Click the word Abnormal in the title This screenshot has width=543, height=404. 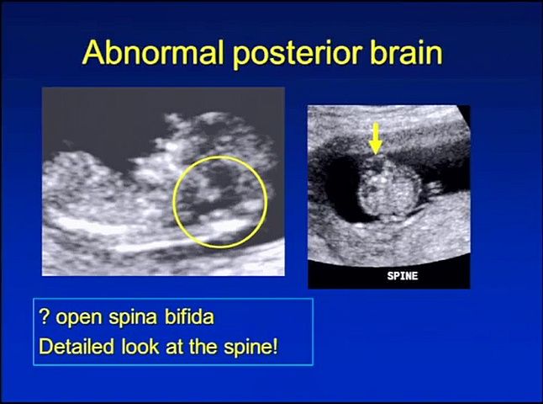[153, 52]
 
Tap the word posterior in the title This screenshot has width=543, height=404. [297, 54]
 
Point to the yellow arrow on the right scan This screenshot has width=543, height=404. [376, 138]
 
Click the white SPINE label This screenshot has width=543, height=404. [403, 276]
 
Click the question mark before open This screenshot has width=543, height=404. [44, 316]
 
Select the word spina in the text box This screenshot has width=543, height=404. [133, 318]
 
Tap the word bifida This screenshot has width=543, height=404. [189, 316]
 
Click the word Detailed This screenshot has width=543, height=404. [76, 346]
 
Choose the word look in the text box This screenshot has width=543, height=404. [140, 346]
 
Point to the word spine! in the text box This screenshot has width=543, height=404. [250, 348]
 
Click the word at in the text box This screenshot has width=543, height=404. [174, 347]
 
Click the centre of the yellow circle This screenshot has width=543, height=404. [220, 202]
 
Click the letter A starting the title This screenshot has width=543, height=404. [92, 53]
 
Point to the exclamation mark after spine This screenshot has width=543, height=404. [276, 346]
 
